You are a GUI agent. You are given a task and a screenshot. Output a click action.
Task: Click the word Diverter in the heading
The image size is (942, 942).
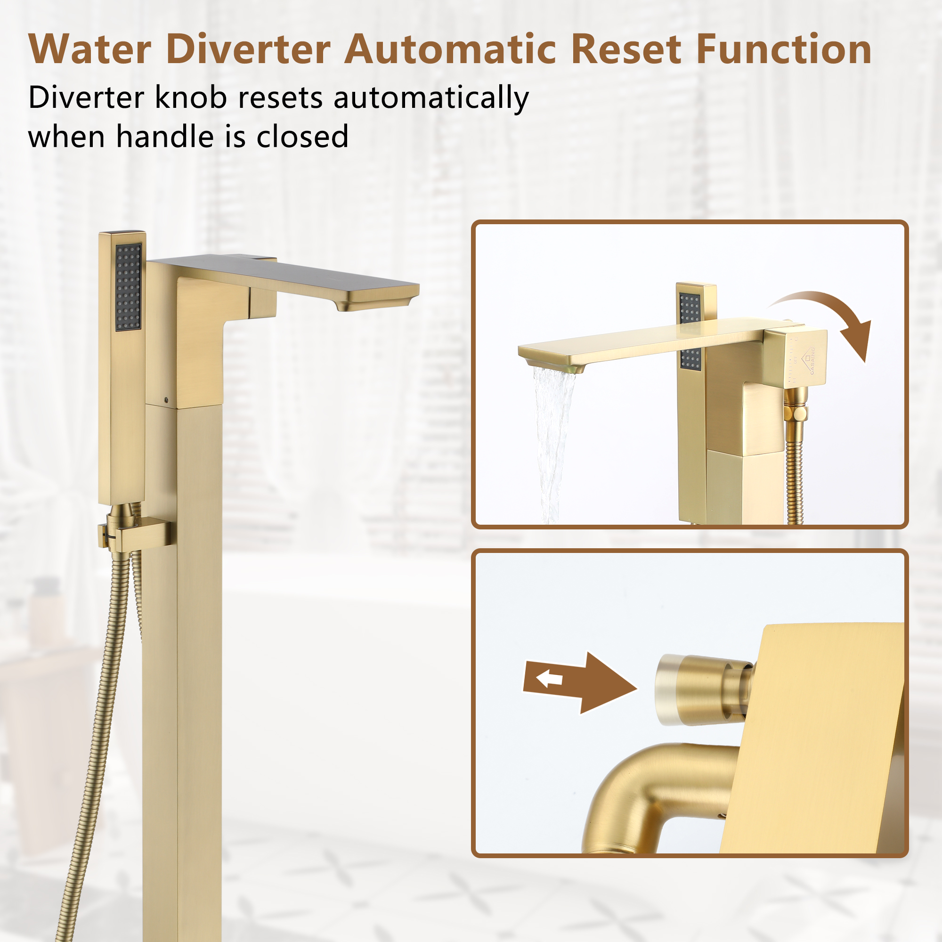pyautogui.click(x=249, y=50)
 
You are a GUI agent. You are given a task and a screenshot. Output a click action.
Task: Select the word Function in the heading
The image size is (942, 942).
pyautogui.click(x=784, y=50)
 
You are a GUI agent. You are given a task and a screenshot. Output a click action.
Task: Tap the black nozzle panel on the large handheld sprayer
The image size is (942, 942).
pyautogui.click(x=129, y=286)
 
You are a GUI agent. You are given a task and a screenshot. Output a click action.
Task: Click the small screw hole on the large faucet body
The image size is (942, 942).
pyautogui.click(x=168, y=400)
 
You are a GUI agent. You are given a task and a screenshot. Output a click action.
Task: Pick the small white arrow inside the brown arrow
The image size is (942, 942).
pyautogui.click(x=550, y=678)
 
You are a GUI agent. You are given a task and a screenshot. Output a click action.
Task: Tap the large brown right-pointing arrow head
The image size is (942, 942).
pyautogui.click(x=609, y=682)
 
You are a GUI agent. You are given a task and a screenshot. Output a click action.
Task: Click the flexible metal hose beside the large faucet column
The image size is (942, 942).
pyautogui.click(x=97, y=731)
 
